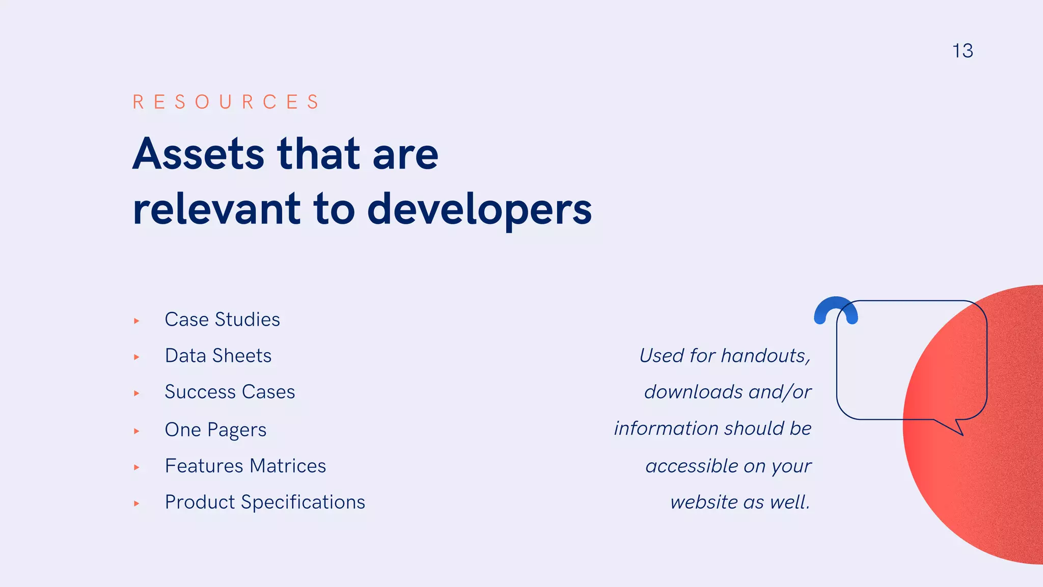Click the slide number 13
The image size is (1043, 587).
[x=963, y=51]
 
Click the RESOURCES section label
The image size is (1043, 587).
[x=226, y=102]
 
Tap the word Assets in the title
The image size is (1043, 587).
[x=199, y=154]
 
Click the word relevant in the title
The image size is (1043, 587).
[x=216, y=210]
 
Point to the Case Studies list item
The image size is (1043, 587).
[x=222, y=319]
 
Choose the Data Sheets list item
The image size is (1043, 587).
[x=218, y=356]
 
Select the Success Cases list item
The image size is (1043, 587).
[x=230, y=392]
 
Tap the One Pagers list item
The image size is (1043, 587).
[x=215, y=430]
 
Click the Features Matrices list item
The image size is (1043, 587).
[x=245, y=466]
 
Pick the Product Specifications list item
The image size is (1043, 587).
[x=265, y=502]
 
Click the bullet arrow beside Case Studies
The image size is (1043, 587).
[x=136, y=321]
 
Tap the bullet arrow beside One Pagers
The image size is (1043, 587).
[x=136, y=431]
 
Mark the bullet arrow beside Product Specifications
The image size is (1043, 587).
[x=136, y=503]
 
